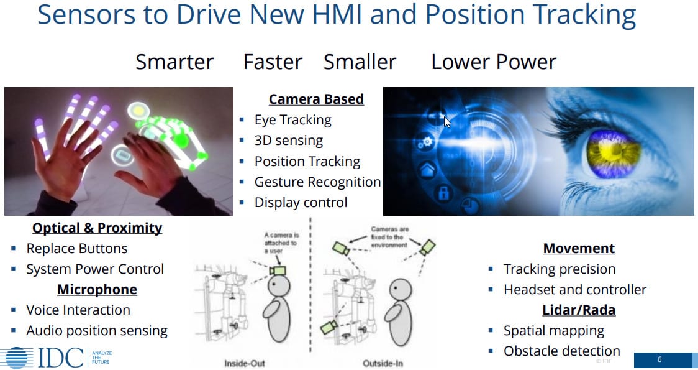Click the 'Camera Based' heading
pyautogui.click(x=316, y=99)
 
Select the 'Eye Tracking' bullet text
pyautogui.click(x=293, y=120)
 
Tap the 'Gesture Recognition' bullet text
pyautogui.click(x=317, y=182)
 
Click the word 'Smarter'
pyautogui.click(x=175, y=62)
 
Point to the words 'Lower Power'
pyautogui.click(x=494, y=62)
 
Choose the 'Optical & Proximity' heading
pyautogui.click(x=97, y=228)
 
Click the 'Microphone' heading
pyautogui.click(x=97, y=289)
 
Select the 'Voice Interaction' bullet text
pyautogui.click(x=78, y=310)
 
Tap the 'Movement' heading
pyautogui.click(x=579, y=248)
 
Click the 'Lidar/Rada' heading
pyautogui.click(x=579, y=310)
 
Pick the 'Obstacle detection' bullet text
pyautogui.click(x=562, y=351)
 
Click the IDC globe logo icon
pyautogui.click(x=17, y=358)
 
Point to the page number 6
pyautogui.click(x=659, y=359)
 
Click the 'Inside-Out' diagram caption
pyautogui.click(x=245, y=363)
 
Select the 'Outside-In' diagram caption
pyautogui.click(x=383, y=363)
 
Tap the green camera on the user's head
pyautogui.click(x=278, y=271)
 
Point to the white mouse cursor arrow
pyautogui.click(x=447, y=122)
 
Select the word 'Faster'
pyautogui.click(x=273, y=62)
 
